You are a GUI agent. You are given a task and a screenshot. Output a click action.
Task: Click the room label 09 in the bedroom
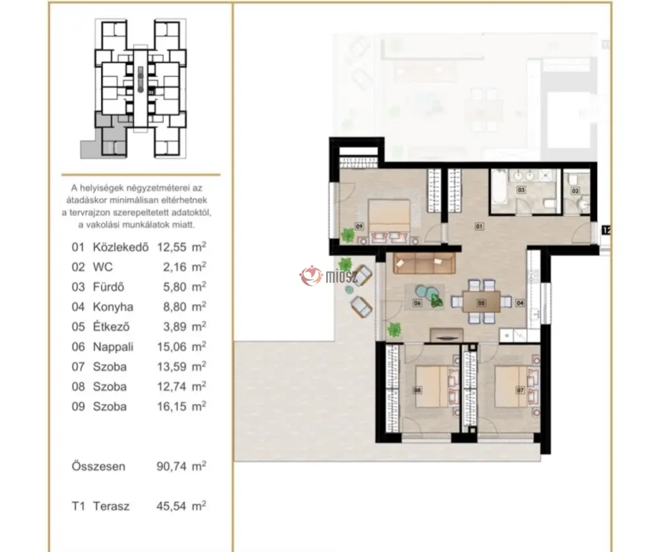(x=359, y=226)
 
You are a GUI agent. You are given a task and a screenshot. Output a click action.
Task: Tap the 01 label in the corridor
(x=479, y=226)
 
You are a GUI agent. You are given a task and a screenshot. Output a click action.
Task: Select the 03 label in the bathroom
(x=521, y=190)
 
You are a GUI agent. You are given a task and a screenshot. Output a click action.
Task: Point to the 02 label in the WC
(x=576, y=191)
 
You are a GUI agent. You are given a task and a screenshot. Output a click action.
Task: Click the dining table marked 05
(x=482, y=302)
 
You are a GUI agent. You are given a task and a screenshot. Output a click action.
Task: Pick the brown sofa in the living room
(x=424, y=263)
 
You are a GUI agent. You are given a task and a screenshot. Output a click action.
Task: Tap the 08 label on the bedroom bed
(x=417, y=390)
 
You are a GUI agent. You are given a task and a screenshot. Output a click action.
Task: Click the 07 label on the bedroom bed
(x=520, y=390)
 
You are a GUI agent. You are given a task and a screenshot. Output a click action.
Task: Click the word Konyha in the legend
(x=113, y=307)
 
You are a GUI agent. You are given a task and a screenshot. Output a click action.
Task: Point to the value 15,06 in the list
(x=172, y=347)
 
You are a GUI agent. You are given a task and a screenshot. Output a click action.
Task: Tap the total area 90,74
(x=172, y=466)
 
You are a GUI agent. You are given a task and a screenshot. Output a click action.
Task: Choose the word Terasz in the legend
(x=111, y=506)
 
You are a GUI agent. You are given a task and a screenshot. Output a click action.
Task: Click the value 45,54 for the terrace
(x=172, y=506)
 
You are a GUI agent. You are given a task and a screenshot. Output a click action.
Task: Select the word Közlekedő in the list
(x=121, y=247)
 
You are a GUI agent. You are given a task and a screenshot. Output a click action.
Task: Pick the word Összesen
(x=98, y=466)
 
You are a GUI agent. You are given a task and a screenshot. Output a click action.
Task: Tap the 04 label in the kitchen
(x=520, y=303)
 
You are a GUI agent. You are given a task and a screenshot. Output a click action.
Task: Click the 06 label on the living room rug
(x=417, y=303)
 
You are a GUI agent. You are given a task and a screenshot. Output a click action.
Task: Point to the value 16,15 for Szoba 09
(x=172, y=406)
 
